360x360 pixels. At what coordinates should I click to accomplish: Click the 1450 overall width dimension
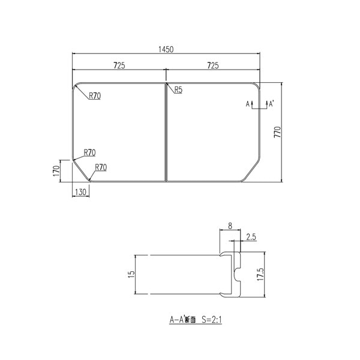point(167,50)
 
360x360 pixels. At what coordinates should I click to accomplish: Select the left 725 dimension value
point(118,65)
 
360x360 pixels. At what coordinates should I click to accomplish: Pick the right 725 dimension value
point(214,65)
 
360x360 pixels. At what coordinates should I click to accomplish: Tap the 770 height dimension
point(277,132)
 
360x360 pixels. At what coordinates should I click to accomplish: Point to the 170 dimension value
point(56,170)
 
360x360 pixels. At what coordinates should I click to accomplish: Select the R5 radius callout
point(178,91)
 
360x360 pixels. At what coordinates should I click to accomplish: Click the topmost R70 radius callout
point(95,95)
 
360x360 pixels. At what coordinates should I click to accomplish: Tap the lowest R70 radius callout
point(100,167)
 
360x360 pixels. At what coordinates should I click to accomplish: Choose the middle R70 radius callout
point(90,152)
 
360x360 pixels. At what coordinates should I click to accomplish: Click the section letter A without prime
point(248,104)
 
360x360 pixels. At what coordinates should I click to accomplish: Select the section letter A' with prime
point(271,104)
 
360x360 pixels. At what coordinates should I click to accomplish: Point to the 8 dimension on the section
point(230,227)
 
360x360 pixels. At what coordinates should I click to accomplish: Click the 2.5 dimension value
point(251,238)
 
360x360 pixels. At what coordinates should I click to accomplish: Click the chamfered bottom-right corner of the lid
point(252,171)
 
